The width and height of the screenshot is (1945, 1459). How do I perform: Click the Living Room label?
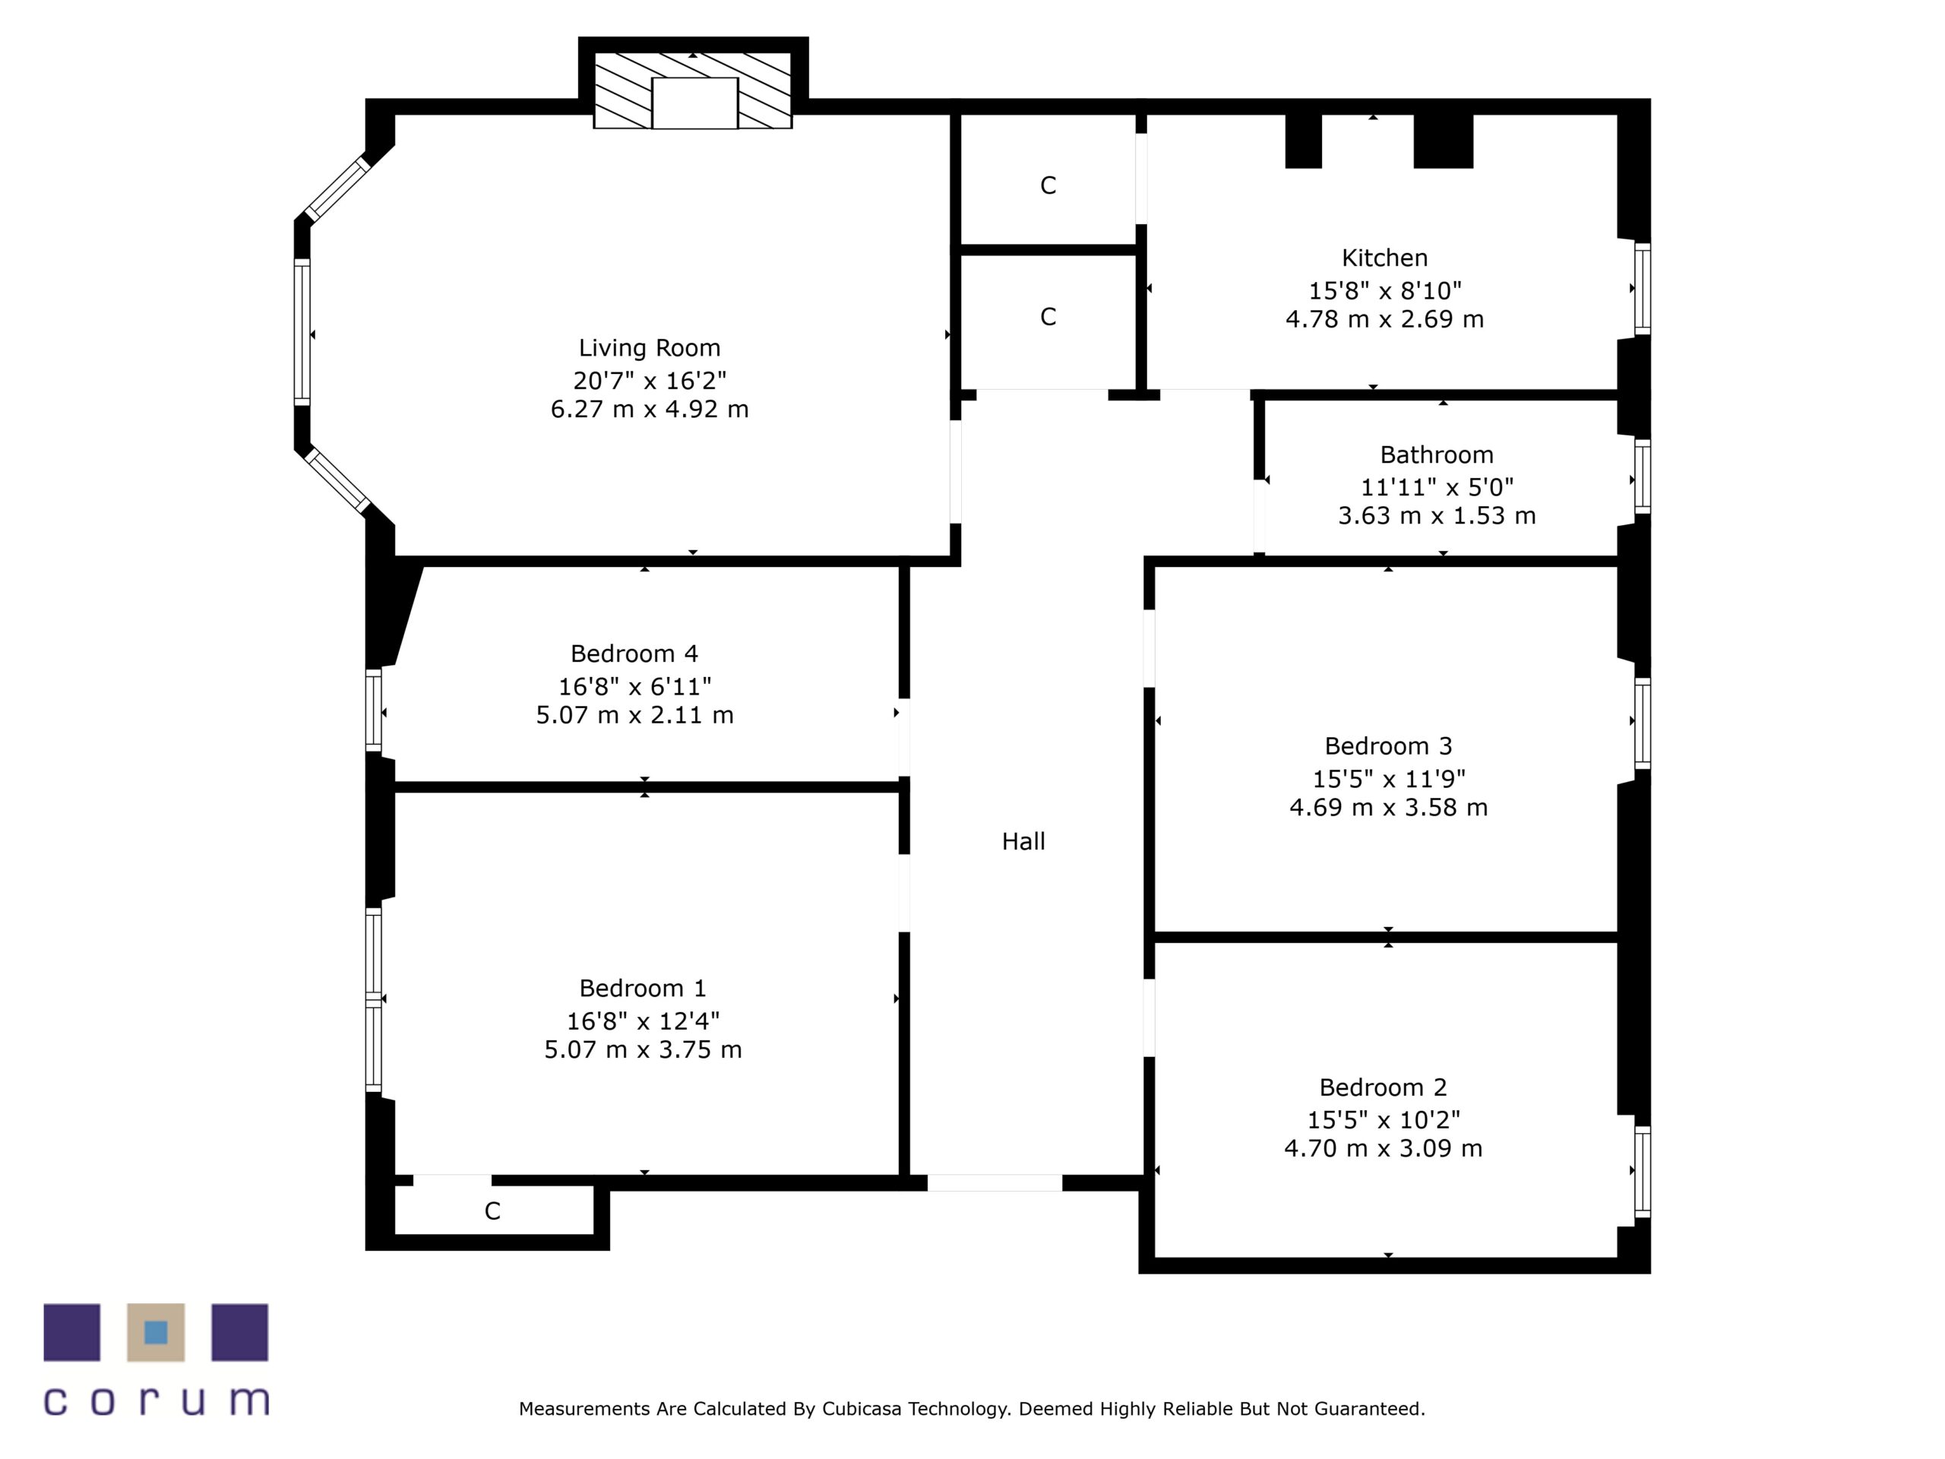(649, 348)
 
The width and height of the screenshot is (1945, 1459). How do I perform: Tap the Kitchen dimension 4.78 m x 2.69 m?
(1384, 319)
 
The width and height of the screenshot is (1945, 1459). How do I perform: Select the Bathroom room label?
(1436, 454)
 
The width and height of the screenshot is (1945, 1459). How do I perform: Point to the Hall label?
(1023, 842)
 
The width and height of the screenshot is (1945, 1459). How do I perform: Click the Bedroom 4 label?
(634, 654)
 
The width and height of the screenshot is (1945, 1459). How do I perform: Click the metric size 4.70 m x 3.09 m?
(1382, 1148)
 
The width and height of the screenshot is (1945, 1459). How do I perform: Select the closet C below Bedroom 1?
(492, 1211)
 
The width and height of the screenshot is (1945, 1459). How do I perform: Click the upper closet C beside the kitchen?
(1047, 185)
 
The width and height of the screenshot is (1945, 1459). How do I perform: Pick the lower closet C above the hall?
(1047, 317)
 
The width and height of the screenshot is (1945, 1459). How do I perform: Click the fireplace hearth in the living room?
(694, 103)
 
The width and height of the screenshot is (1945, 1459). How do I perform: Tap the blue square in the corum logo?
(156, 1332)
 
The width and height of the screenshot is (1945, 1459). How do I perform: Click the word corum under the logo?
(156, 1401)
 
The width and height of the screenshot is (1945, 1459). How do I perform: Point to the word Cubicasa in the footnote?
(862, 1409)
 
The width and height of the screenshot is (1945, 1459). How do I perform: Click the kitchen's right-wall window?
(1642, 289)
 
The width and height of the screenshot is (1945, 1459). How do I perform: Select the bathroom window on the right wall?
(1642, 476)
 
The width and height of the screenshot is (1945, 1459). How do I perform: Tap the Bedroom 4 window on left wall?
(374, 711)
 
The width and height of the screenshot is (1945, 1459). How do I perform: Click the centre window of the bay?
(302, 332)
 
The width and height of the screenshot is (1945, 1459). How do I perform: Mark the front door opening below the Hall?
(995, 1183)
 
